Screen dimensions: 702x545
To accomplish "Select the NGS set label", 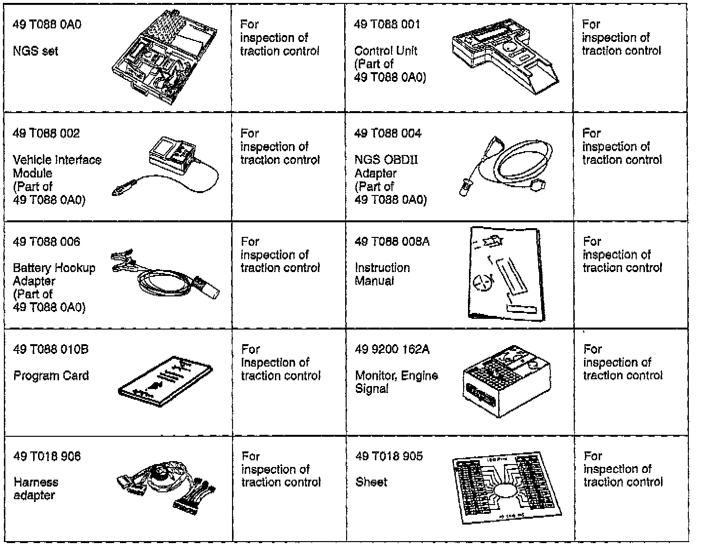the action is tap(35, 51).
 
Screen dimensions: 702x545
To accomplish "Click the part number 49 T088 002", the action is tap(46, 134).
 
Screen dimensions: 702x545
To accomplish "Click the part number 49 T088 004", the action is tap(388, 134).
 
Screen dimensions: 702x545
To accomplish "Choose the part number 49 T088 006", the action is tap(46, 242).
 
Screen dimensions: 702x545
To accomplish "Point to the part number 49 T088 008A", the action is tap(392, 242).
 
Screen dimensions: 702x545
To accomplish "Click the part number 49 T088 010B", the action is tap(51, 350).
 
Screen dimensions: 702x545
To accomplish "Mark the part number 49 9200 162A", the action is tap(392, 350).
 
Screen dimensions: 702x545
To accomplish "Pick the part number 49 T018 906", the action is tap(47, 457).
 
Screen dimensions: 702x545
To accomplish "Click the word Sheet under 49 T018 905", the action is tap(371, 482).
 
